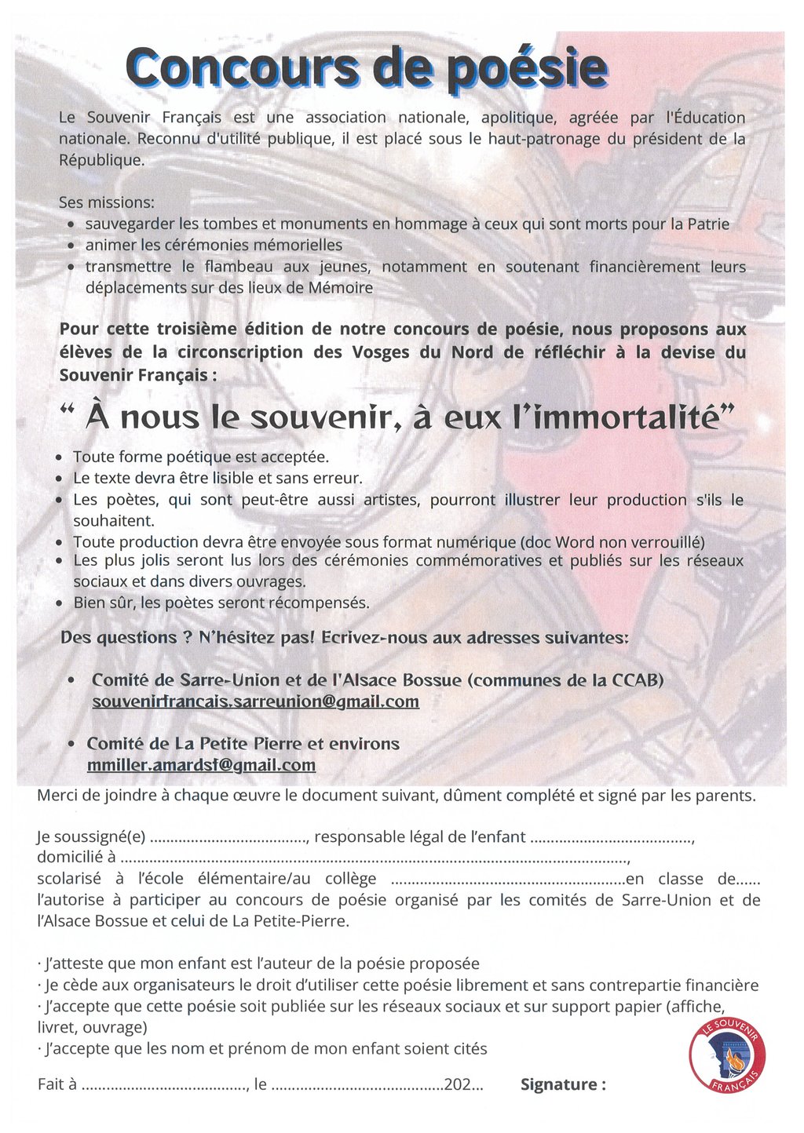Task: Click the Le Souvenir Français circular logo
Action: tap(726, 1055)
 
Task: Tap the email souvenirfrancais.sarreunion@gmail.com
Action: tap(255, 701)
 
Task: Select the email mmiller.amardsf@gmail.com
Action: tap(201, 765)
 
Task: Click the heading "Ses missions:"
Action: tap(106, 202)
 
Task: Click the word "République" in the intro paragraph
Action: tap(101, 160)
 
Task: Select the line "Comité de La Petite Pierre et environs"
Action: tap(243, 744)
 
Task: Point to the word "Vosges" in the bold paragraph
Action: tap(381, 352)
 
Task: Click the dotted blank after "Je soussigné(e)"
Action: tap(228, 837)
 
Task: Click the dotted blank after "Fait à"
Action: tap(164, 1085)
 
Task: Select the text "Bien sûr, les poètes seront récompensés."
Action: tap(221, 603)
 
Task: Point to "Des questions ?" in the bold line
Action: tap(126, 638)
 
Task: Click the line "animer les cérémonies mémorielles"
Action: tap(214, 246)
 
